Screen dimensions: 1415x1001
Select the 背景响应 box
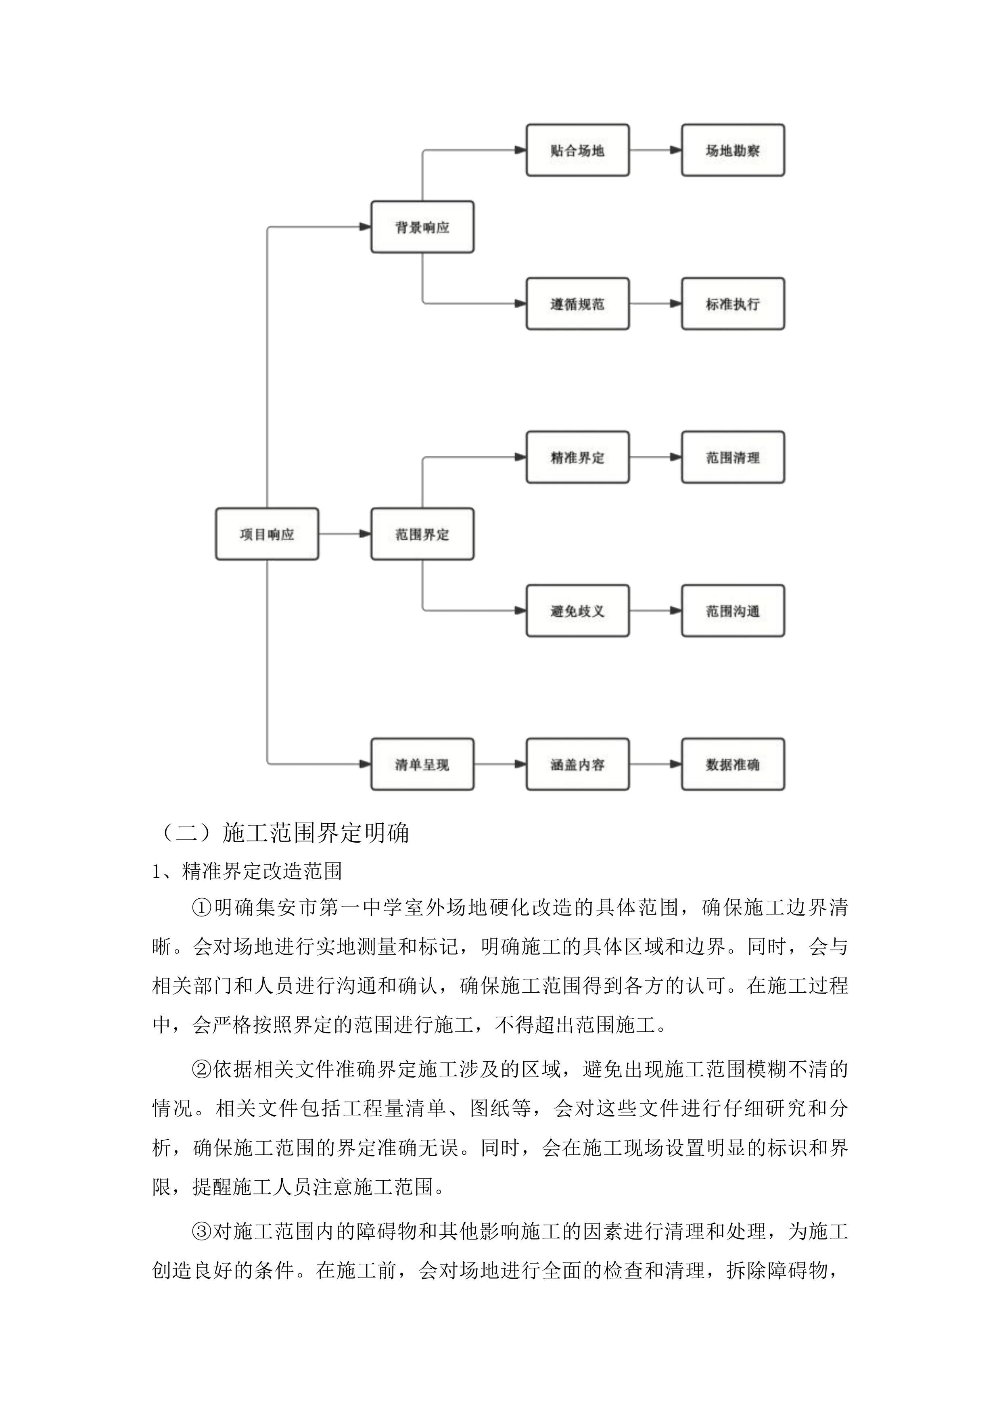tap(422, 227)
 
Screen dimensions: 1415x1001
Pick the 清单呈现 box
tap(422, 764)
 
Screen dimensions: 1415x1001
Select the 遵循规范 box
tap(577, 304)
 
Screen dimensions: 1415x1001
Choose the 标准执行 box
tap(733, 304)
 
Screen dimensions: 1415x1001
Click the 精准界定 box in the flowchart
tap(577, 457)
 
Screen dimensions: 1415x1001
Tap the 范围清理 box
tap(733, 457)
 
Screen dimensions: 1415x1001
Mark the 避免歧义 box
tap(577, 611)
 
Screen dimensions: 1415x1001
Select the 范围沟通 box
tap(733, 611)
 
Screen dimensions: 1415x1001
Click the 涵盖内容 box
tap(577, 764)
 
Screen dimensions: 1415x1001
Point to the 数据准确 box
tap(733, 764)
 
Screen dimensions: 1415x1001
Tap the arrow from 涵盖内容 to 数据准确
tap(655, 764)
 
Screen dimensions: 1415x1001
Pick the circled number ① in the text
tap(202, 908)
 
